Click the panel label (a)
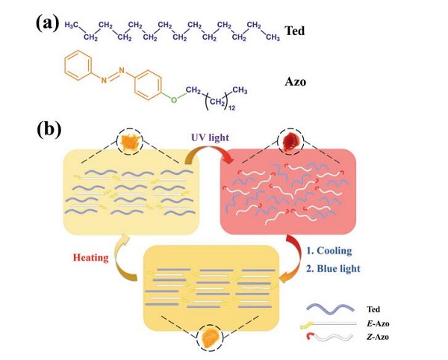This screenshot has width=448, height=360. [x=47, y=22]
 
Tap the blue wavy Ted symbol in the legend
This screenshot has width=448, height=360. [x=331, y=308]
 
